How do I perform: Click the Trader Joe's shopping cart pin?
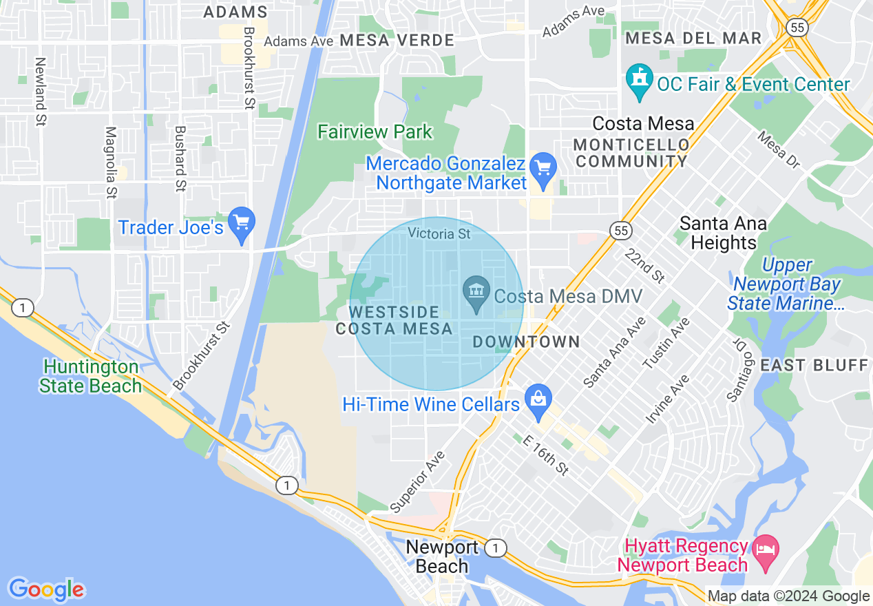[x=242, y=222]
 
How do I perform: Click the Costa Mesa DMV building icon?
[x=476, y=291]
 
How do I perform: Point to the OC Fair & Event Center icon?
[x=640, y=79]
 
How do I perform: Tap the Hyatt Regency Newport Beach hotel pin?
[x=766, y=550]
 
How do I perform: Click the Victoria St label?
[x=439, y=234]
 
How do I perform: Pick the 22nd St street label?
[x=645, y=265]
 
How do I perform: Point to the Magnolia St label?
[x=110, y=163]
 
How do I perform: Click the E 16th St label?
[x=546, y=455]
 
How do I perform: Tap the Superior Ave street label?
[x=417, y=482]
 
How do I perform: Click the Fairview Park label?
[x=375, y=132]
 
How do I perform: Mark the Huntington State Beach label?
[x=90, y=376]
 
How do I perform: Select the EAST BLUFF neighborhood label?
[x=814, y=365]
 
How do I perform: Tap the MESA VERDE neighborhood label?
[x=397, y=41]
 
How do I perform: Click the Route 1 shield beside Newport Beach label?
[x=495, y=548]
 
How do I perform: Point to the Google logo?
[x=46, y=589]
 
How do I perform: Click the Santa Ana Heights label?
[x=723, y=233]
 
